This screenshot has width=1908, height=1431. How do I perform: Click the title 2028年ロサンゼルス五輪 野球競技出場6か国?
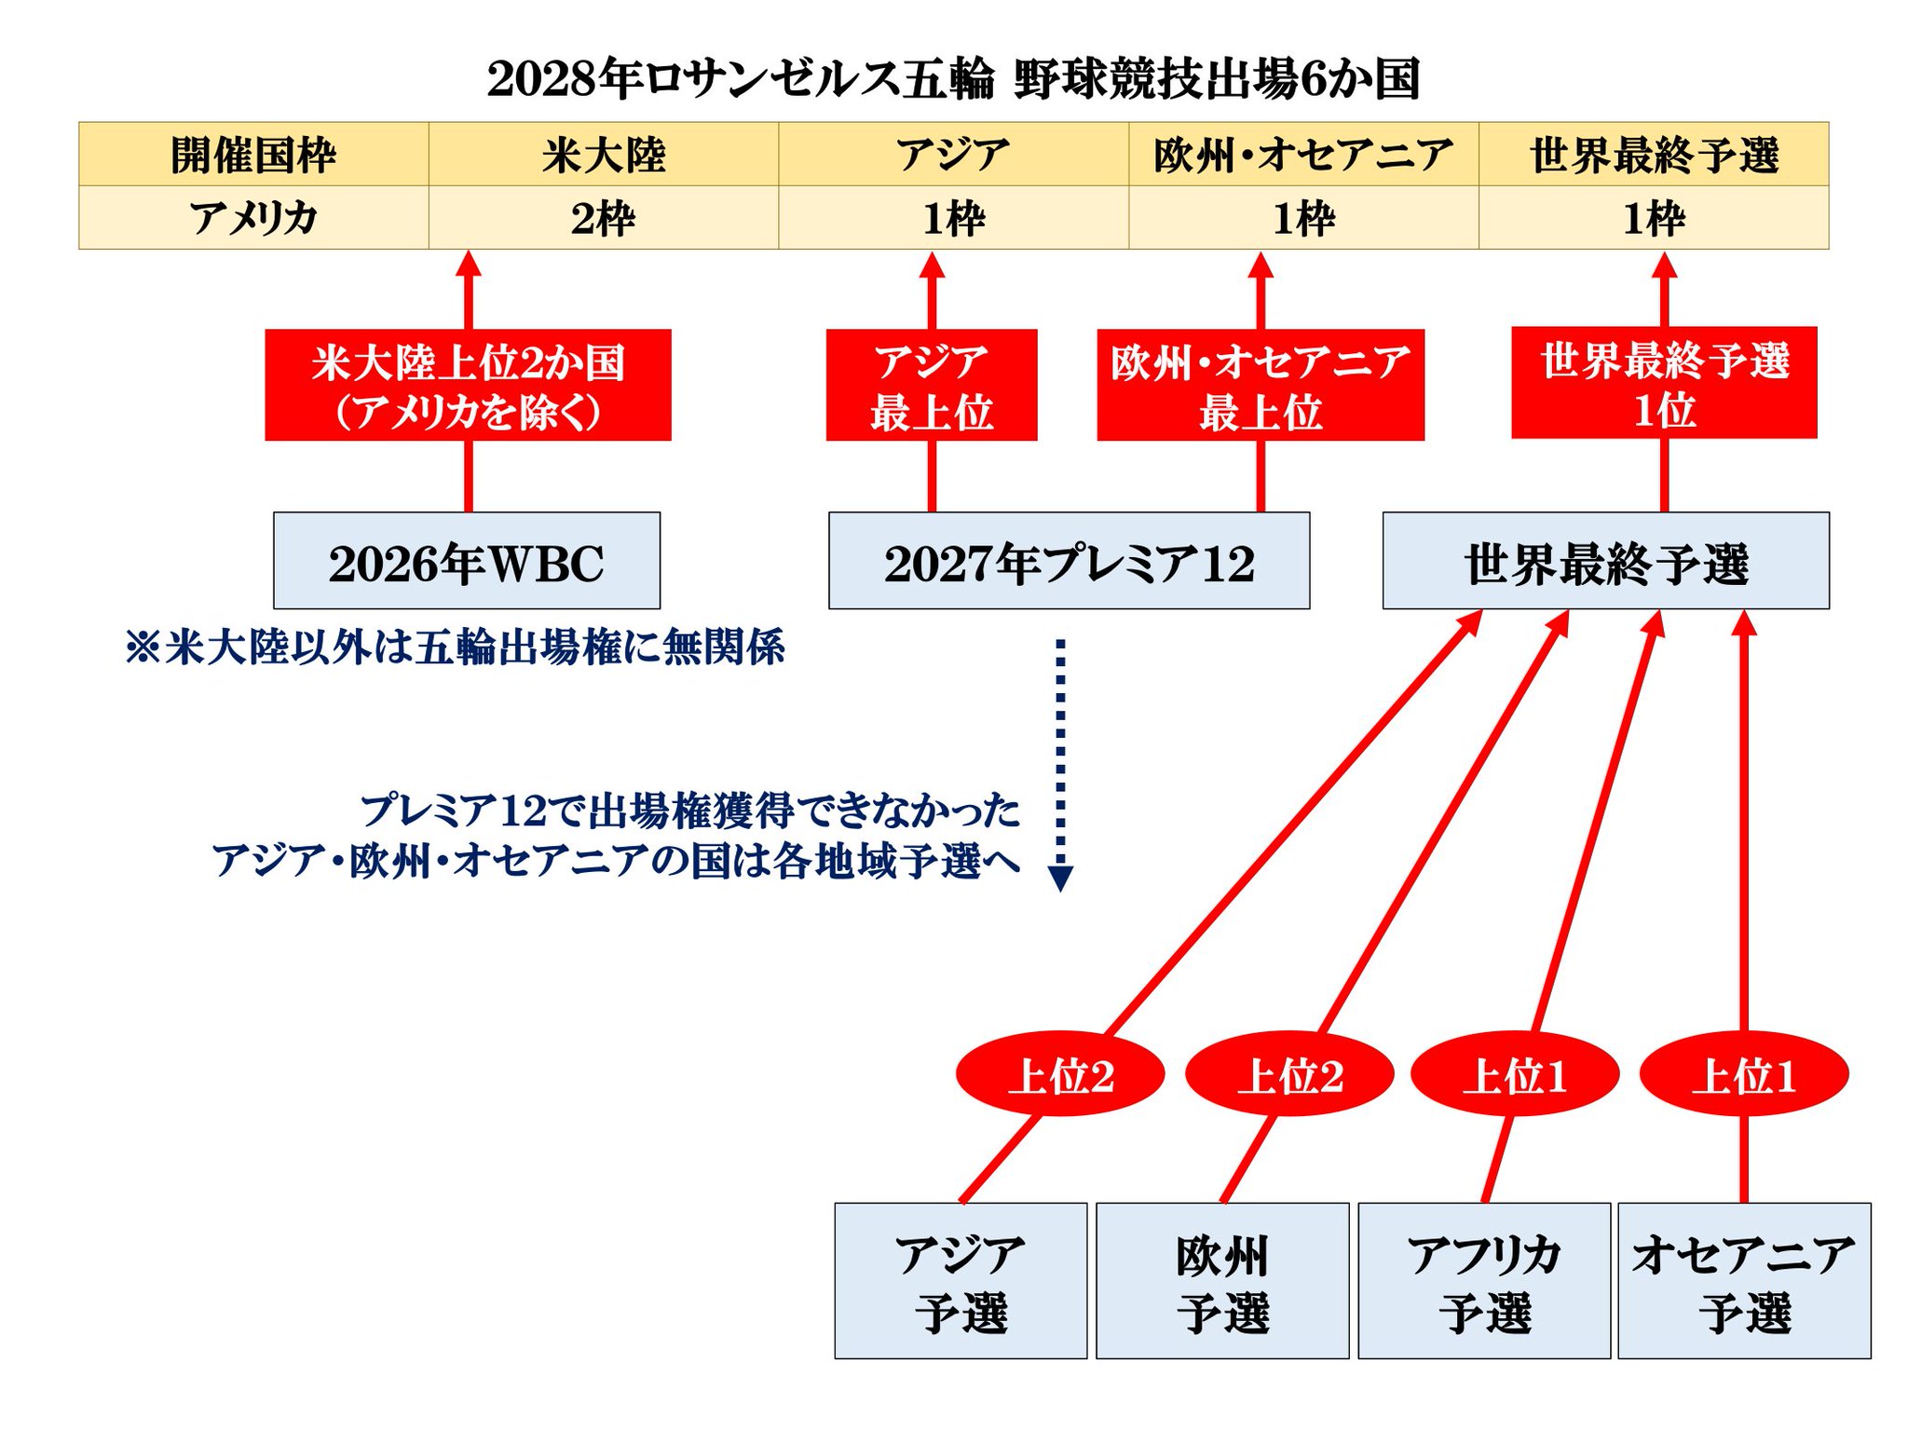pos(953,78)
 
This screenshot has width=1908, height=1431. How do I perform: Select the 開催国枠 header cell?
pos(253,155)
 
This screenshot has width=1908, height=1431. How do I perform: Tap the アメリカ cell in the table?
pos(253,218)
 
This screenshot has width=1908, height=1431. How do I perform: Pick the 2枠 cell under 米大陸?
pos(604,218)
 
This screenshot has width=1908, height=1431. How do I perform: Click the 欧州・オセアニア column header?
pos(1303,155)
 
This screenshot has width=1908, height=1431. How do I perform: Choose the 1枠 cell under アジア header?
pos(953,218)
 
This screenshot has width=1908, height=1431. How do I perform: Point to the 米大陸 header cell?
pos(604,155)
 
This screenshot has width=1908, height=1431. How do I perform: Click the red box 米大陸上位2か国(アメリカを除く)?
pos(468,385)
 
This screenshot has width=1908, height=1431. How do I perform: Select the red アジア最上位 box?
pos(932,385)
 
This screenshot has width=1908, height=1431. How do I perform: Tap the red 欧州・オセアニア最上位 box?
pos(1261,385)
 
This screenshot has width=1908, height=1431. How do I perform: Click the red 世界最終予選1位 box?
pos(1664,383)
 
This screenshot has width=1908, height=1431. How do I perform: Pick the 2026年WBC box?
pos(467,561)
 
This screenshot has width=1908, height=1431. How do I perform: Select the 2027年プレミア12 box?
pos(1069,561)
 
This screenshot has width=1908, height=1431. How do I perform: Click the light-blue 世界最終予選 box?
pos(1605,561)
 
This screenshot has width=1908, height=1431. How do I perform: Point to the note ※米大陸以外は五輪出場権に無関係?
pos(455,647)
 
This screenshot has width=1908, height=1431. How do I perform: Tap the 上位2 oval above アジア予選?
pos(1060,1074)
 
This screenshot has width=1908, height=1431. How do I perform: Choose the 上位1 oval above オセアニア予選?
pos(1743,1074)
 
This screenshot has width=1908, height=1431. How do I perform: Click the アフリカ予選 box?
pos(1484,1281)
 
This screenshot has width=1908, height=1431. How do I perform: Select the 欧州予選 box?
pos(1222,1281)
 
